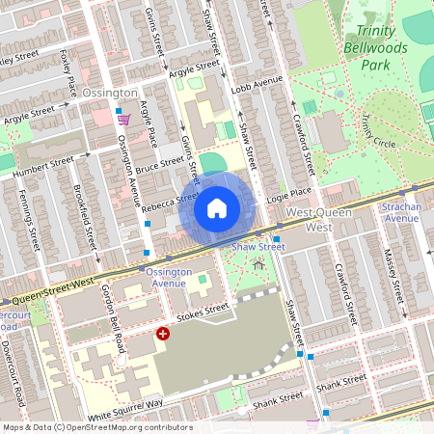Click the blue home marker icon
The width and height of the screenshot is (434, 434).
(217, 207)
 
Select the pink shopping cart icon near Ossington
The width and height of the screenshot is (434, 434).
(123, 120)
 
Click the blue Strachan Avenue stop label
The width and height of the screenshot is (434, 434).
(408, 212)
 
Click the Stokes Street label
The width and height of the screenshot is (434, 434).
(202, 311)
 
